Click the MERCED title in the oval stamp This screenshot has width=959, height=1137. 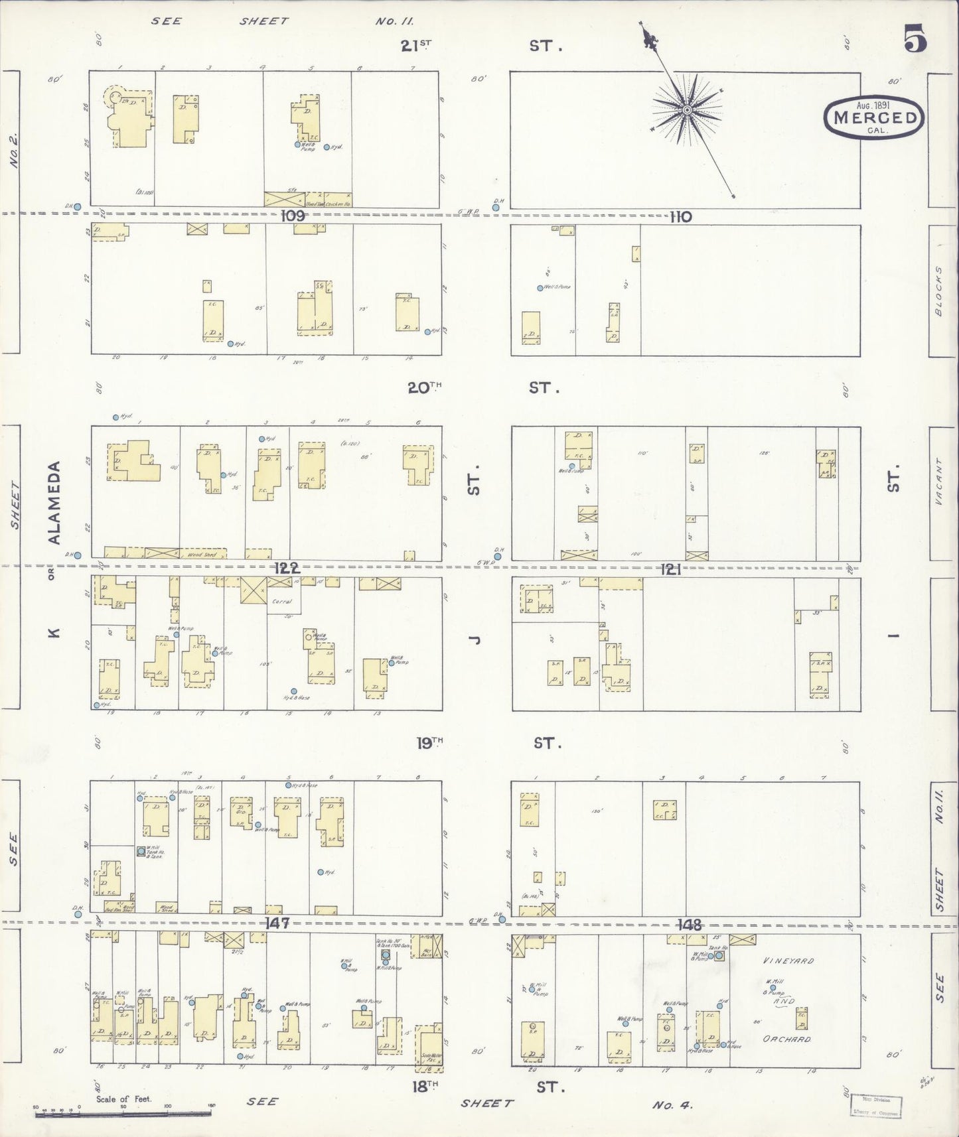(x=873, y=118)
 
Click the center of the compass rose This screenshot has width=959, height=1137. (x=688, y=109)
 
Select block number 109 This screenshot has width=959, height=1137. (x=291, y=216)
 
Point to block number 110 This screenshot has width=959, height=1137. (x=680, y=217)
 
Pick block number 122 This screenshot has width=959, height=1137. (x=286, y=568)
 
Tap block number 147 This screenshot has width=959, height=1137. (x=276, y=923)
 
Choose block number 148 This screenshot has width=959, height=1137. (x=690, y=924)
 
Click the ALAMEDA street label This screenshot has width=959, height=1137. (x=55, y=503)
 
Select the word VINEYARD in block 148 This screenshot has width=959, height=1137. (x=788, y=961)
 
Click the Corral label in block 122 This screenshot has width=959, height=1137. (x=283, y=601)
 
